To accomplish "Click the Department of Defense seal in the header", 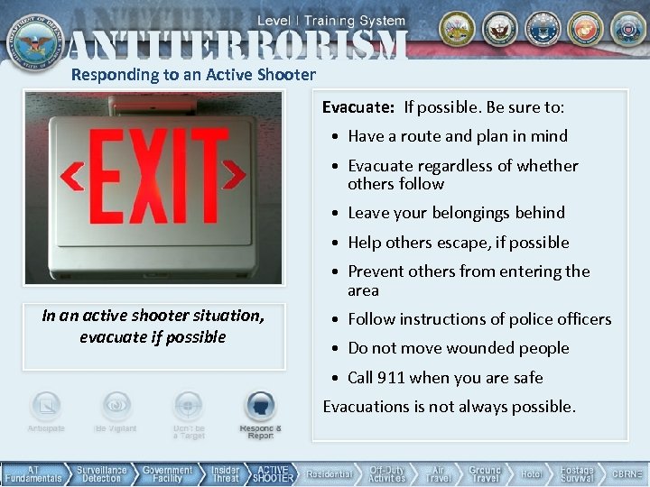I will pos(32,38).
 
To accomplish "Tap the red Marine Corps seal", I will pos(584,29).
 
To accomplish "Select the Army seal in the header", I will pos(458,29).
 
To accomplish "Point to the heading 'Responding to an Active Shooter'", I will pos(193,75).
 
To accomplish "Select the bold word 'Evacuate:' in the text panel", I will pos(358,107).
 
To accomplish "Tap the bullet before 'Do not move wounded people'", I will pos(336,349).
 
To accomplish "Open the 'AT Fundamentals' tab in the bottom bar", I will pos(32,474).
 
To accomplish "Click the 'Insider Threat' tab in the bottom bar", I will pos(225,474).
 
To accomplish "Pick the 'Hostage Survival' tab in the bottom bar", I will pos(577,474).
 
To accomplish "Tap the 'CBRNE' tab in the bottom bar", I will pos(627,474).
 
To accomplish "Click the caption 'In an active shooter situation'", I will pos(153,316).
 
